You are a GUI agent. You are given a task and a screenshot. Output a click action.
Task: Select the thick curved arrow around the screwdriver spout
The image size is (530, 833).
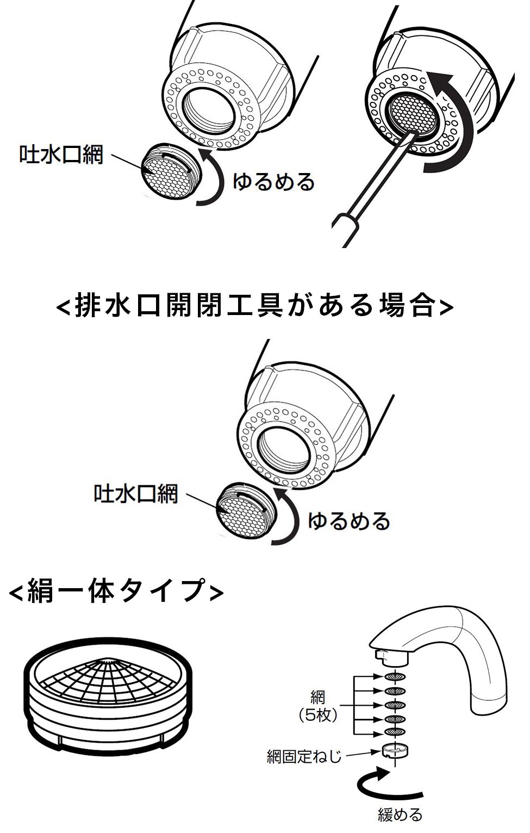[459, 125]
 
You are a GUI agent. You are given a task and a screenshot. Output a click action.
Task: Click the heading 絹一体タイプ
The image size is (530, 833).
[116, 591]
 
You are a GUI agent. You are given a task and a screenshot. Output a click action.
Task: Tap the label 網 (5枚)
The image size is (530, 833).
[318, 706]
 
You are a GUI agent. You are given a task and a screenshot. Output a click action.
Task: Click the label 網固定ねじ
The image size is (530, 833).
[304, 756]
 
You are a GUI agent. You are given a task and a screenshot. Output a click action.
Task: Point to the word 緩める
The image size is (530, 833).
[400, 815]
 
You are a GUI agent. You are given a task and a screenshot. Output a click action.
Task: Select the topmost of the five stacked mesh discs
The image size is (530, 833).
[395, 676]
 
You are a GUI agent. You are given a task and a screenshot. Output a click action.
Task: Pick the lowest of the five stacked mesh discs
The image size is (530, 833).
[395, 732]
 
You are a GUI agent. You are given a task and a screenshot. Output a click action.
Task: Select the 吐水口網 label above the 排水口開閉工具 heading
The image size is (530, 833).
[61, 155]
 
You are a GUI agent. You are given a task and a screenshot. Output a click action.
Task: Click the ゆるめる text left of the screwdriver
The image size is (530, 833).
[273, 182]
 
